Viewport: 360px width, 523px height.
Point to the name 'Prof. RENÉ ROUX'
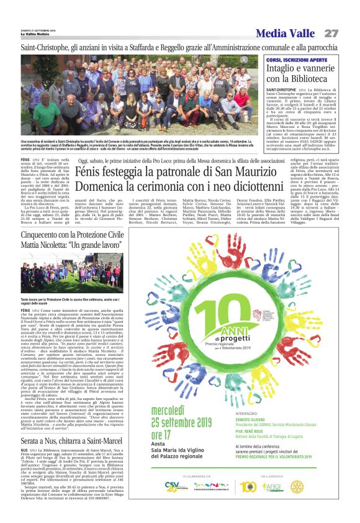[x=271, y=430]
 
